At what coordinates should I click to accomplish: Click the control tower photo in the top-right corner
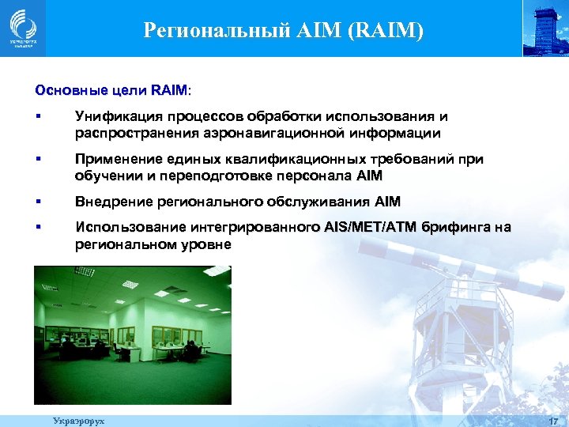click(545, 28)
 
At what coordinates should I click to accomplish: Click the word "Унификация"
click(114, 118)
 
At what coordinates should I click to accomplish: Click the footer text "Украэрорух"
click(78, 421)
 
